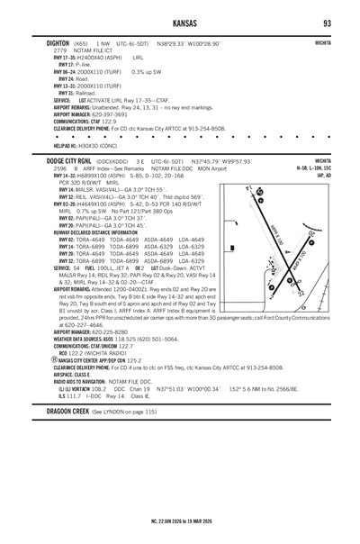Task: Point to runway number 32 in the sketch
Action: (x=260, y=192)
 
